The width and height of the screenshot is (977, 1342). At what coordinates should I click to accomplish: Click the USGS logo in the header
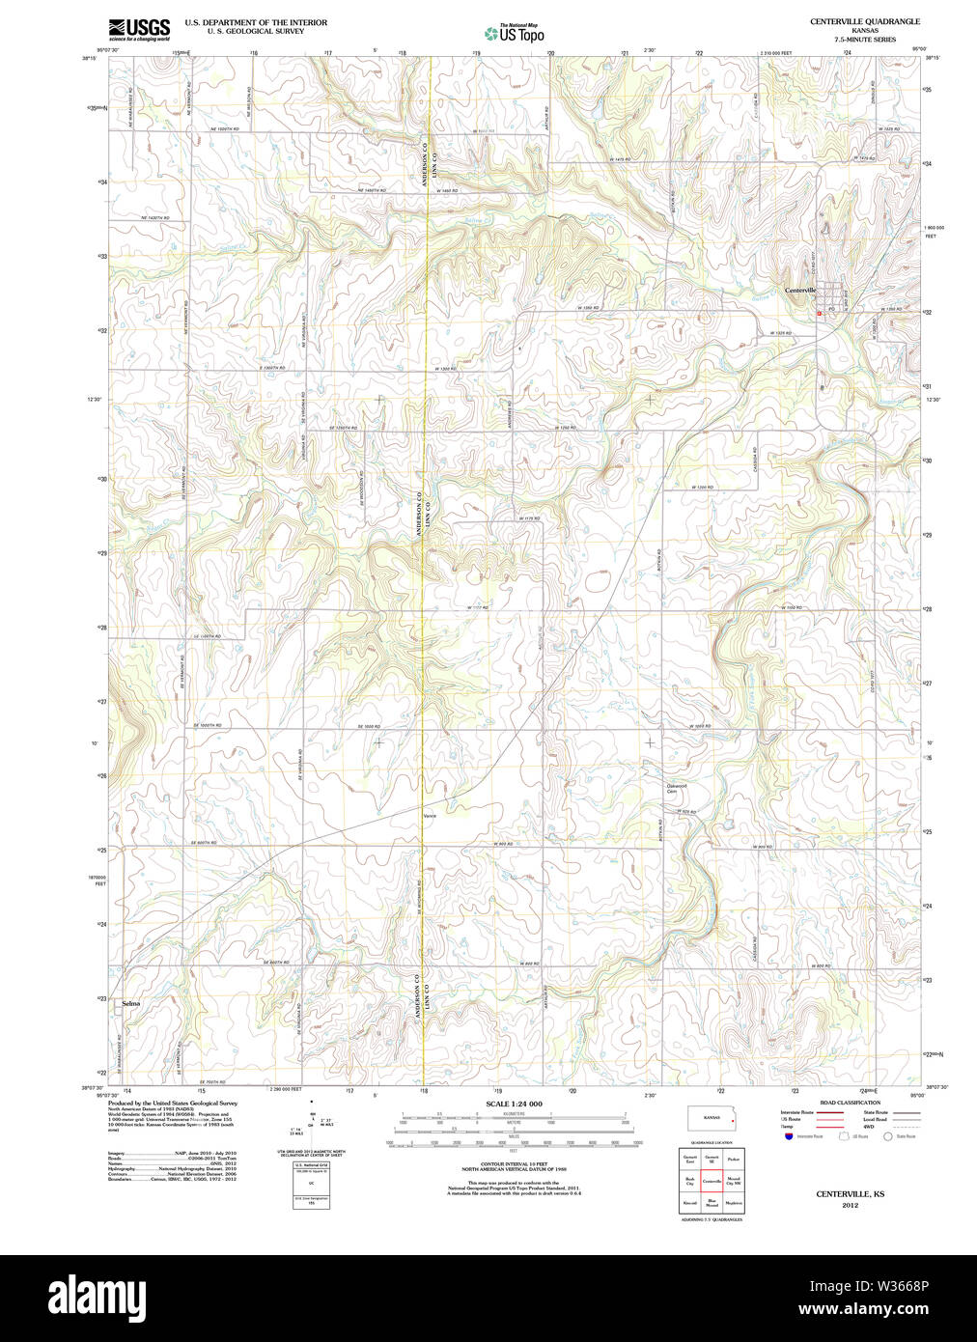pyautogui.click(x=139, y=29)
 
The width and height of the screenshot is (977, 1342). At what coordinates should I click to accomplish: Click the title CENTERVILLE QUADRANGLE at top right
pyautogui.click(x=864, y=21)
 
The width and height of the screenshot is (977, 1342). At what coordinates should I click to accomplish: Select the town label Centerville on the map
pyautogui.click(x=800, y=291)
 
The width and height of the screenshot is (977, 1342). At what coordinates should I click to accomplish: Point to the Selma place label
pyautogui.click(x=130, y=1003)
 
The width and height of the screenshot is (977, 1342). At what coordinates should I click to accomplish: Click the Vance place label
pyautogui.click(x=430, y=816)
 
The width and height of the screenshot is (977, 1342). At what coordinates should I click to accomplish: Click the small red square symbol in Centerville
pyautogui.click(x=820, y=313)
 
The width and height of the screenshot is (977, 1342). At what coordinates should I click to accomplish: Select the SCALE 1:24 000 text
pyautogui.click(x=514, y=1104)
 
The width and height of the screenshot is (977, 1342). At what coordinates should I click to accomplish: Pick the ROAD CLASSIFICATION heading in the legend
pyautogui.click(x=850, y=1103)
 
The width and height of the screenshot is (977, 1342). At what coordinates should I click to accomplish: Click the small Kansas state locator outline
pyautogui.click(x=712, y=1118)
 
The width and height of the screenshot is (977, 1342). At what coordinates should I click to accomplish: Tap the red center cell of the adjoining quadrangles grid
pyautogui.click(x=712, y=1181)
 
